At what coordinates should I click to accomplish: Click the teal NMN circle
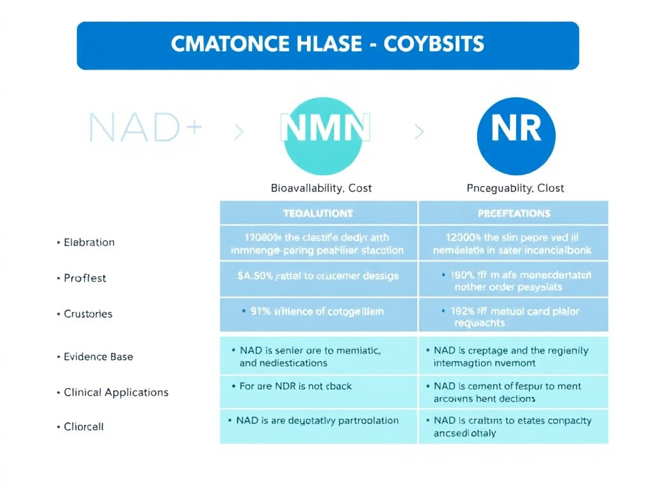324,136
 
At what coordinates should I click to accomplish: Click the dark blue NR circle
516,136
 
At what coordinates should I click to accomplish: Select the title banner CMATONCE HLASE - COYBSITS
327,45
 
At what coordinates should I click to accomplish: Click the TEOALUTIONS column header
318,213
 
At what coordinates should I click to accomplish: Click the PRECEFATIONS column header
514,213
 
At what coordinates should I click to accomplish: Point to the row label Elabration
89,242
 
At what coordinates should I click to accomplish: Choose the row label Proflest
85,278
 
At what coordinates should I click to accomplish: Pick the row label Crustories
88,314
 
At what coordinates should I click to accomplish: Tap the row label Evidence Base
99,357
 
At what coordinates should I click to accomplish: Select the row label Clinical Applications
116,393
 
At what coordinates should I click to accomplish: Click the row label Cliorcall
84,426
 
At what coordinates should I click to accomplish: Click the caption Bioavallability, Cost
321,189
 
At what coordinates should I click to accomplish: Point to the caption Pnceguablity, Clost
515,189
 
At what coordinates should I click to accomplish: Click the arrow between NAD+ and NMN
239,132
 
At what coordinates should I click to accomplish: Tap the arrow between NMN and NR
419,132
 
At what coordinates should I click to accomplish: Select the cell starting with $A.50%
318,276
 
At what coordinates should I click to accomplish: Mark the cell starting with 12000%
514,243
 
